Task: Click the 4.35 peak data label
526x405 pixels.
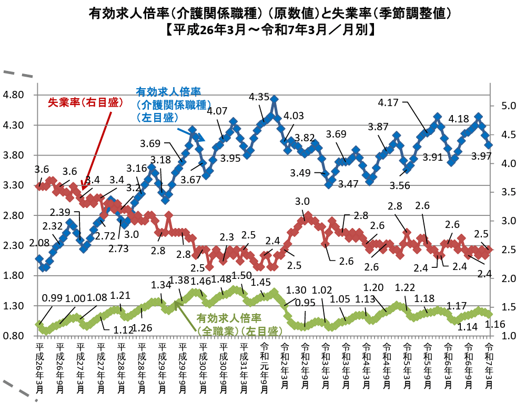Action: coord(259,97)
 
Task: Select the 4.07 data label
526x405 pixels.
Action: coord(217,111)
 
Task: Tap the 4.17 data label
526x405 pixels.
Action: coord(388,102)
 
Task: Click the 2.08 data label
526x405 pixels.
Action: coord(40,243)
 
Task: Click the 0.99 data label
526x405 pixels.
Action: coord(52,298)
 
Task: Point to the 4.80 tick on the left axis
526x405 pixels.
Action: coord(14,95)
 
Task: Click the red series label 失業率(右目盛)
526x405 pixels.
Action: coord(85,102)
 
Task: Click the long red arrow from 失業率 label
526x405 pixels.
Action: coord(96,150)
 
